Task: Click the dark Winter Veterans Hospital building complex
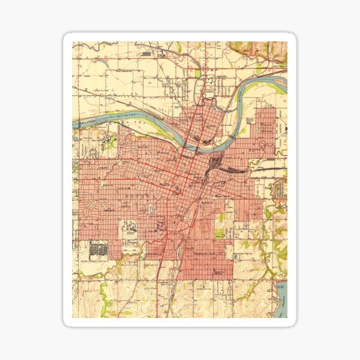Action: click(x=97, y=249)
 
